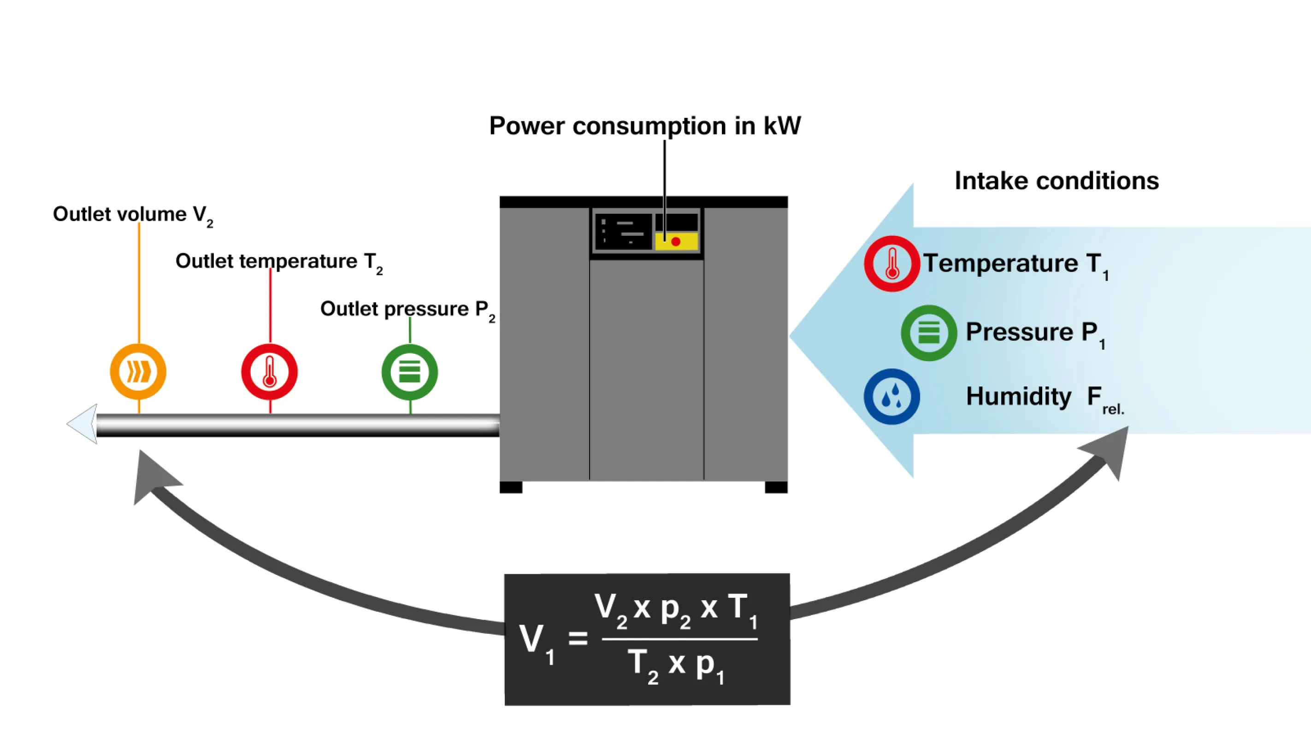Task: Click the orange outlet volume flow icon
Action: (x=138, y=372)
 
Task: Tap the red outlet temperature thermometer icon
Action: (x=269, y=372)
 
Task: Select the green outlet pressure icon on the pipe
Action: (x=410, y=372)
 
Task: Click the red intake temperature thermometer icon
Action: (x=892, y=263)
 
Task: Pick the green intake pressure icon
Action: (x=929, y=333)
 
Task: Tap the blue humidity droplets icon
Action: (x=892, y=397)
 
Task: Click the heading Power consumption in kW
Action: (x=645, y=126)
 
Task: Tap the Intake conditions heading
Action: (x=1057, y=181)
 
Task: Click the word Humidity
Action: (x=1018, y=396)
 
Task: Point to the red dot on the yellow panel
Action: (x=676, y=241)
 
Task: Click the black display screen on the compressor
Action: (x=623, y=231)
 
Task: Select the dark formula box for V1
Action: (x=647, y=639)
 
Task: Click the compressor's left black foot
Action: (x=511, y=487)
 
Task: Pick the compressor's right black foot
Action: (x=776, y=487)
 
